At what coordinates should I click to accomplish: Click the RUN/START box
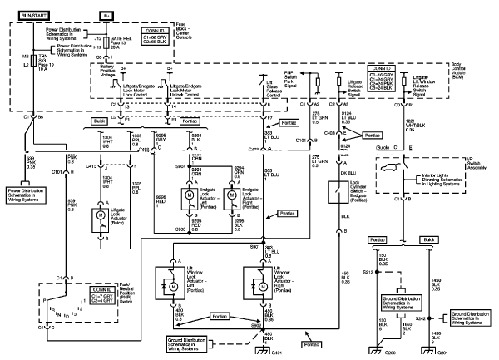(28, 14)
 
